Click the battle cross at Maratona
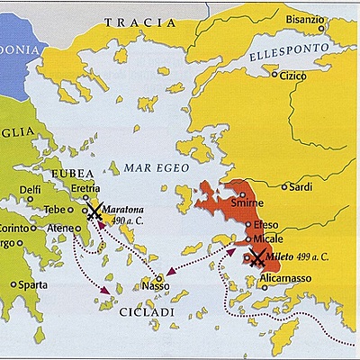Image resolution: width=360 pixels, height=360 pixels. click(94, 211)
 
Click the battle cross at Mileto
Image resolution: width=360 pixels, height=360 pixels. click(256, 258)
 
